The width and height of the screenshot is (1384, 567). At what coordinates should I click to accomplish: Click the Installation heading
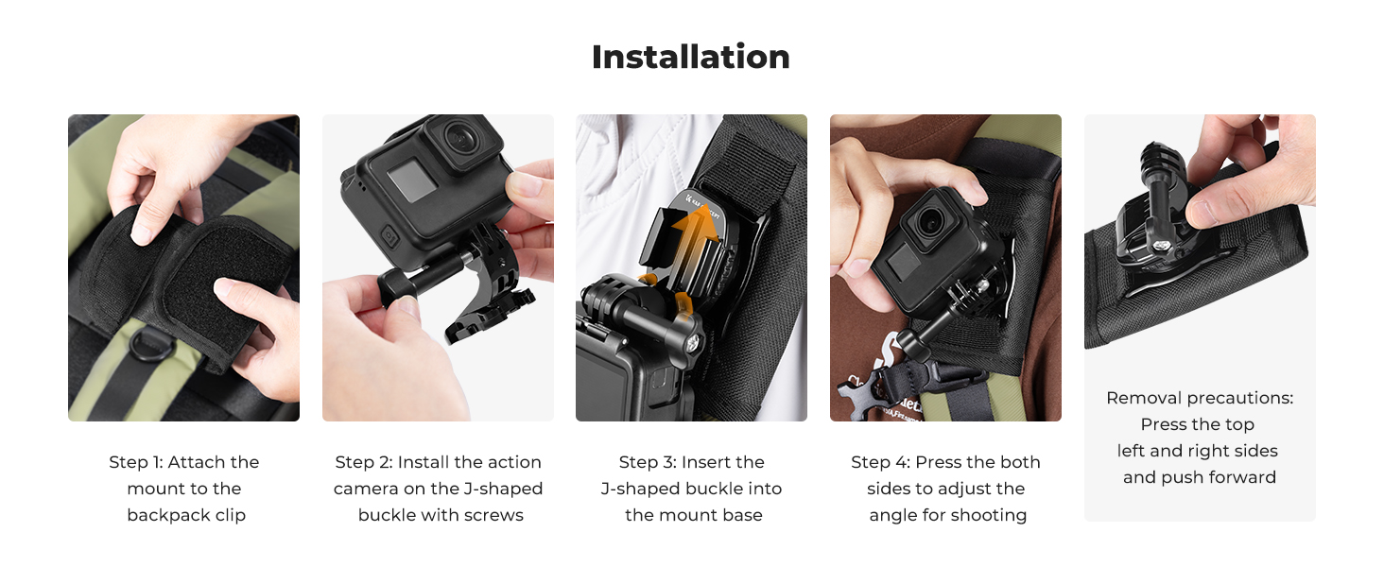(x=691, y=57)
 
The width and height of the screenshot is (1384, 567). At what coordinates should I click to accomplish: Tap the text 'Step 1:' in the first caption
(x=136, y=462)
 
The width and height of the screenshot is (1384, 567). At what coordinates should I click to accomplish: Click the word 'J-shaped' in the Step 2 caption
(x=503, y=489)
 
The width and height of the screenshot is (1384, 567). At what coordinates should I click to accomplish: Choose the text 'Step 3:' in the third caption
(x=648, y=462)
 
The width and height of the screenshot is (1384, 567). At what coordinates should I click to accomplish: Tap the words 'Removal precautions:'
(x=1200, y=399)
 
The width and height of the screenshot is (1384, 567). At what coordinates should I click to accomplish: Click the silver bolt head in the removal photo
(x=1162, y=245)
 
